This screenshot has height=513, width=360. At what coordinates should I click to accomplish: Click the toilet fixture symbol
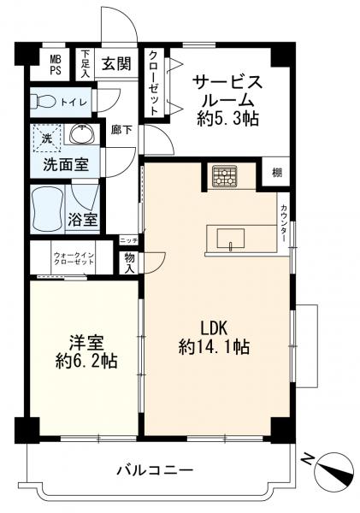pyautogui.click(x=44, y=102)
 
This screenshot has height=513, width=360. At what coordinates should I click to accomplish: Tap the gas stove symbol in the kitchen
pyautogui.click(x=225, y=176)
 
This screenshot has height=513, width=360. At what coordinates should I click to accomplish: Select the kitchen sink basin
pyautogui.click(x=231, y=239)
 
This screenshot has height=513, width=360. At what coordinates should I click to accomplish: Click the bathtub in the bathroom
pyautogui.click(x=47, y=209)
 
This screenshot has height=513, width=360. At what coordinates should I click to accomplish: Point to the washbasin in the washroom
pyautogui.click(x=82, y=134)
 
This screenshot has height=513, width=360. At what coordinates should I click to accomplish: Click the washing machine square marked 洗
pyautogui.click(x=47, y=138)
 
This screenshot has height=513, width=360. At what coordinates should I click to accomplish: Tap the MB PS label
pyautogui.click(x=56, y=65)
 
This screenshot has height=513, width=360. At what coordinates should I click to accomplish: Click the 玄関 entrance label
pyautogui.click(x=116, y=63)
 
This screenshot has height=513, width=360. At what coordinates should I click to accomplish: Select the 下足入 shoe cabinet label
pyautogui.click(x=86, y=64)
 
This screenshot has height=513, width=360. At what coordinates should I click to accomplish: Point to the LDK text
pyautogui.click(x=214, y=328)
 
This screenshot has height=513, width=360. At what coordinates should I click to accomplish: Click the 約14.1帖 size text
pyautogui.click(x=214, y=347)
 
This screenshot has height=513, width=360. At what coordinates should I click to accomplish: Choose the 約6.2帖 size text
pyautogui.click(x=86, y=361)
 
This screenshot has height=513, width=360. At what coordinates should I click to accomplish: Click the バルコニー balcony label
pyautogui.click(x=155, y=471)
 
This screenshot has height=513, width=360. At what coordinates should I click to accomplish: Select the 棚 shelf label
pyautogui.click(x=277, y=173)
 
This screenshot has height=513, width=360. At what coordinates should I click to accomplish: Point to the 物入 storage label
pyautogui.click(x=130, y=263)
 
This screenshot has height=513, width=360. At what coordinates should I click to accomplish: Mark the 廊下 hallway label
pyautogui.click(x=121, y=130)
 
